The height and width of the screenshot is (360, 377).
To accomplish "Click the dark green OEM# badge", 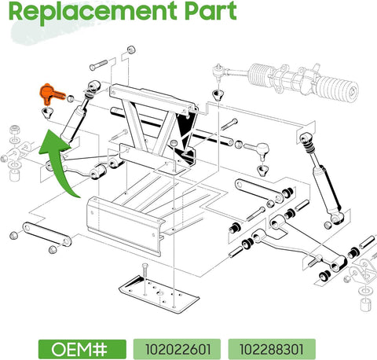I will click(x=82, y=346).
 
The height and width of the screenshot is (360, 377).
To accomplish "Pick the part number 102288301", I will click(x=271, y=346).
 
